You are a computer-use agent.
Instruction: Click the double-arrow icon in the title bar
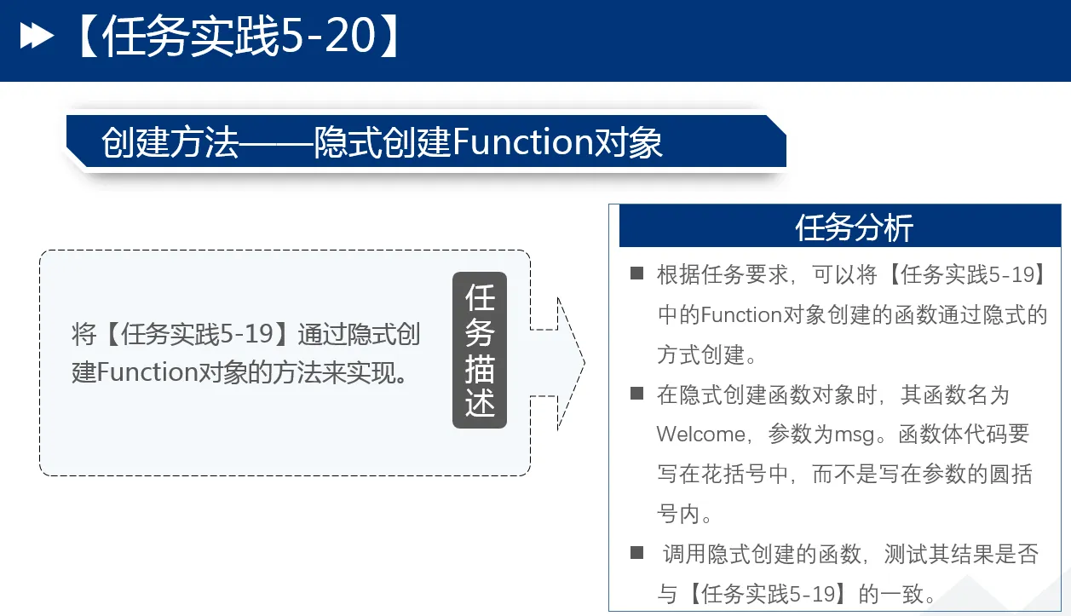[x=37, y=36]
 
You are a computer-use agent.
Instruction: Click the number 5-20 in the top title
[x=328, y=36]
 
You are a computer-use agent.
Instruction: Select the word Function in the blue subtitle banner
[x=522, y=142]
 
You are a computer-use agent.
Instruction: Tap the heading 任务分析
[x=854, y=227]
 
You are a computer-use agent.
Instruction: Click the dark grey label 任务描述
[x=480, y=350]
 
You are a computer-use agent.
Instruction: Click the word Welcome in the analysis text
[x=701, y=435]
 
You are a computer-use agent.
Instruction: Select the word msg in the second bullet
[x=855, y=435]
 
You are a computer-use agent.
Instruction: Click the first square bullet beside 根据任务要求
[x=636, y=273]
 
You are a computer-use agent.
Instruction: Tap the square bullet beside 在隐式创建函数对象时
[x=636, y=393]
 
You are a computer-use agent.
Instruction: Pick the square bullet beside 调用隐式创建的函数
[x=636, y=552]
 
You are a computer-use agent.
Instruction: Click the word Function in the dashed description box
[x=147, y=372]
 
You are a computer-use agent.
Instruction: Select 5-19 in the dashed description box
[x=247, y=334]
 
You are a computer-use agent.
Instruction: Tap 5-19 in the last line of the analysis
[x=812, y=594]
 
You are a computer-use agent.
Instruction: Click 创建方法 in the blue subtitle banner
[x=170, y=142]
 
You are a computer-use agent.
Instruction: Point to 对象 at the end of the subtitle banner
[x=628, y=142]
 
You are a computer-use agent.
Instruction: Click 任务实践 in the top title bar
[x=190, y=36]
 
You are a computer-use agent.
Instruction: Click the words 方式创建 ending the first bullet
[x=700, y=355]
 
